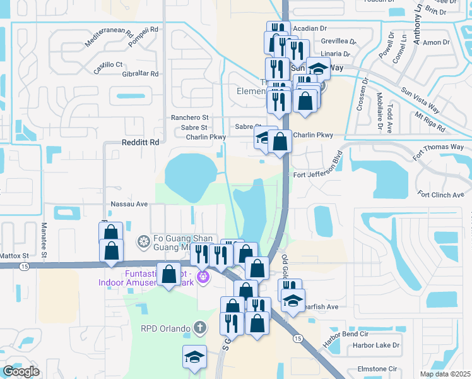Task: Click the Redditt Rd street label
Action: pyautogui.click(x=140, y=143)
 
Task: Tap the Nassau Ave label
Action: pyautogui.click(x=129, y=204)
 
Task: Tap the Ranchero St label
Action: pyautogui.click(x=189, y=117)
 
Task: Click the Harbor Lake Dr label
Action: pyautogui.click(x=376, y=346)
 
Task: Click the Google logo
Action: pyautogui.click(x=20, y=371)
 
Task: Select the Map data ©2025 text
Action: pyautogui.click(x=445, y=374)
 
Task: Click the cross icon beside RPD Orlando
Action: pyautogui.click(x=199, y=328)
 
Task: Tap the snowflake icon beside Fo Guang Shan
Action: pyautogui.click(x=143, y=241)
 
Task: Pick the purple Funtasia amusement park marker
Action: pyautogui.click(x=203, y=276)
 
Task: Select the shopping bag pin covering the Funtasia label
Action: pyautogui.click(x=168, y=275)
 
